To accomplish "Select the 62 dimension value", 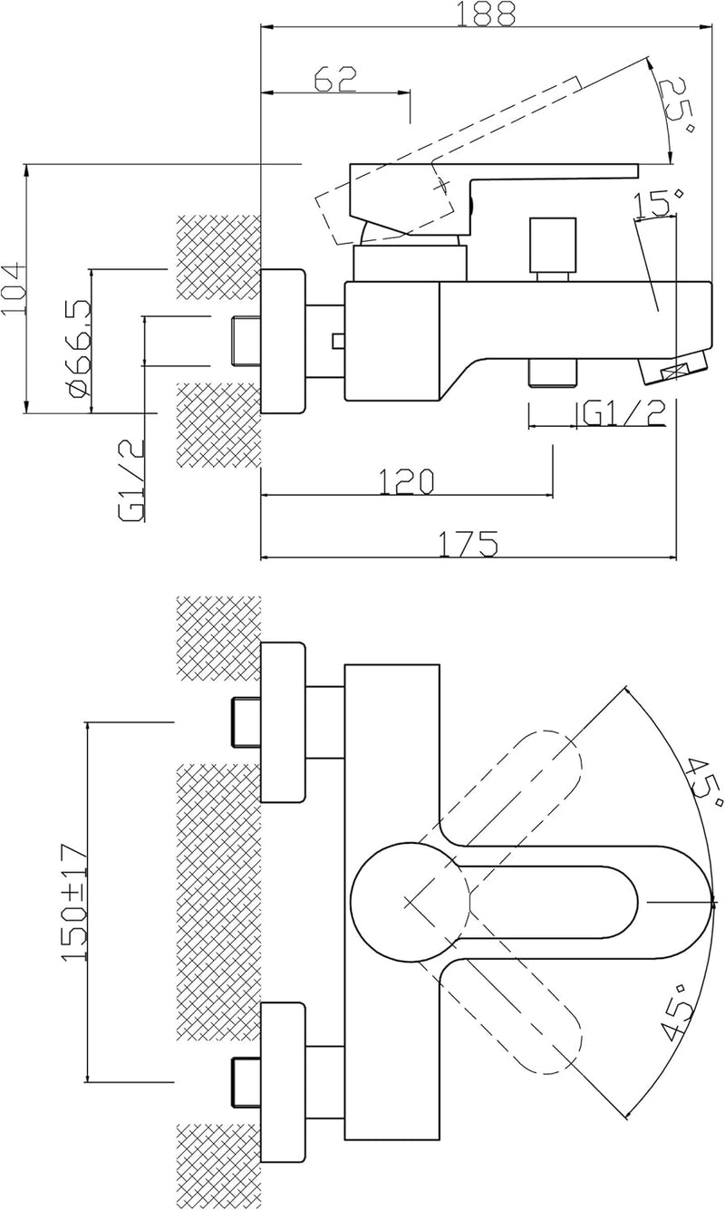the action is (335, 80).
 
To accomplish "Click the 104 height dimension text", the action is (14, 288).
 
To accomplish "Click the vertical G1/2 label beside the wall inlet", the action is (131, 480).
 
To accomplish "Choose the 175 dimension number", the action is (468, 544).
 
